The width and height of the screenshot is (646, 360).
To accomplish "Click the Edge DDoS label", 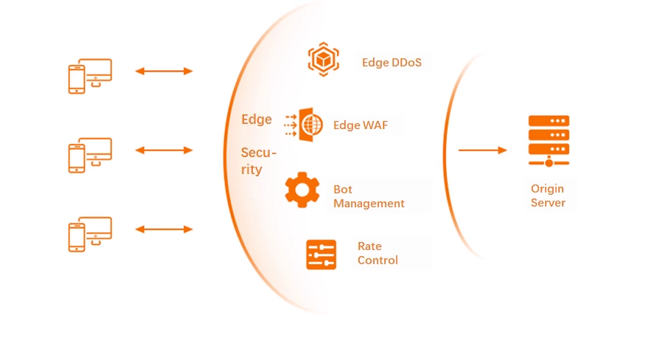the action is pos(392,62).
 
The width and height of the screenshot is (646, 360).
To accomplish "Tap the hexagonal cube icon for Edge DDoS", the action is pos(324,59).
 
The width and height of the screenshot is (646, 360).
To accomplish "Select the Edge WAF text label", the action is pos(361,125).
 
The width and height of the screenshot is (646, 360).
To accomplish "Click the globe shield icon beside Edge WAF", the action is pos(304,125).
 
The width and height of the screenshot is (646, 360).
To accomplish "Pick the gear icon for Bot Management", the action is pos(302,190).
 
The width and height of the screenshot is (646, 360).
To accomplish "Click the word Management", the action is pos(369,204).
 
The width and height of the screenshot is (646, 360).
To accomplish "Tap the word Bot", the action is pos(342,190).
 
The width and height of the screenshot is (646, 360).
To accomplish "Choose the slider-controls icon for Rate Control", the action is pos(322,255).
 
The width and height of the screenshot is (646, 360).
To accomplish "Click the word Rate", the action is pos(369,246).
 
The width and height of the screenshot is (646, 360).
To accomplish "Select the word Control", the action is pos(378,260).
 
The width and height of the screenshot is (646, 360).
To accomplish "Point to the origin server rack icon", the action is pos(549,141).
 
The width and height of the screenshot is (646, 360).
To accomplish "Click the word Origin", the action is pos(547,189).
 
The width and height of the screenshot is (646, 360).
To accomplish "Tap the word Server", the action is pos(548,203).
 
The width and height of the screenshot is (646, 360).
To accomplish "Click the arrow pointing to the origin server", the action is pos(482,150).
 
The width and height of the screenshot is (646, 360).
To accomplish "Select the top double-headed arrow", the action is pos(164,71).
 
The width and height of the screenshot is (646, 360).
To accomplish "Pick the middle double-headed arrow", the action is pos(164,150).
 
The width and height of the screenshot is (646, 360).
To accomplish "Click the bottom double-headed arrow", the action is pos(164,229).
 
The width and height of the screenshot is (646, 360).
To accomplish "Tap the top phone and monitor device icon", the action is pos(90,76).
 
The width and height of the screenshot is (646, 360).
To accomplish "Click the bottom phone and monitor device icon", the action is pos(90,235).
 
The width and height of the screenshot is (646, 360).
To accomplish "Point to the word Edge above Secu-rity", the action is pos(256,120).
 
